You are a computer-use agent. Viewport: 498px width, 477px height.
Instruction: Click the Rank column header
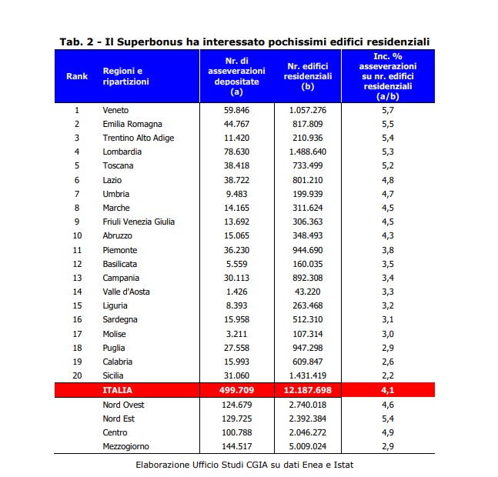[77, 76]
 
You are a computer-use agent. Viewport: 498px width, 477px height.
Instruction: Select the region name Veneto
[115, 110]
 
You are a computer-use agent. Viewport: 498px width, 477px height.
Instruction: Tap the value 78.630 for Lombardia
[236, 152]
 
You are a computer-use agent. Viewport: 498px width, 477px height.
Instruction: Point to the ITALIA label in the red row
[117, 390]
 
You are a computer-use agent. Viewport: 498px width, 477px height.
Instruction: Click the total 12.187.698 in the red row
[307, 390]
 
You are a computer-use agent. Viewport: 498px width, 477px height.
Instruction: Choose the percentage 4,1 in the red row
[388, 390]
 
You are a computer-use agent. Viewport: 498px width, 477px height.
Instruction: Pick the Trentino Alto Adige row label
[139, 138]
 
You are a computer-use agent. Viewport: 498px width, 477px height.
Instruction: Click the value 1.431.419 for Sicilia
[307, 375]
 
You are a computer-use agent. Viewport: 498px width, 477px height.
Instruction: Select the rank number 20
[77, 375]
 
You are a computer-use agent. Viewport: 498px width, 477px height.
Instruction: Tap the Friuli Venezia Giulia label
[139, 222]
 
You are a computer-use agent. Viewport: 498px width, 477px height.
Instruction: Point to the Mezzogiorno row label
[125, 446]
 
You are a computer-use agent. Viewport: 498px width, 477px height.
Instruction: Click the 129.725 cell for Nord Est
[236, 419]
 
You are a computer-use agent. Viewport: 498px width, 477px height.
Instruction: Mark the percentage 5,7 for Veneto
[388, 111]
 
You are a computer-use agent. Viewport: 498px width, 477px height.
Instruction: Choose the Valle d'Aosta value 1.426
[236, 292]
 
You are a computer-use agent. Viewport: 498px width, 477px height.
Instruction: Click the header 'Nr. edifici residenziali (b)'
[307, 76]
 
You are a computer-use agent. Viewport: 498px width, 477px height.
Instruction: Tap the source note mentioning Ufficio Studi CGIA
[245, 465]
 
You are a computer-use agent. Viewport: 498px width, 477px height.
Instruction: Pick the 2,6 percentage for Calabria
[388, 362]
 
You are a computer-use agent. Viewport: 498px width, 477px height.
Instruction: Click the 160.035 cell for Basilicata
[307, 264]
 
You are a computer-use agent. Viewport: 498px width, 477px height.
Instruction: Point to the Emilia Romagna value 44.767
[236, 124]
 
